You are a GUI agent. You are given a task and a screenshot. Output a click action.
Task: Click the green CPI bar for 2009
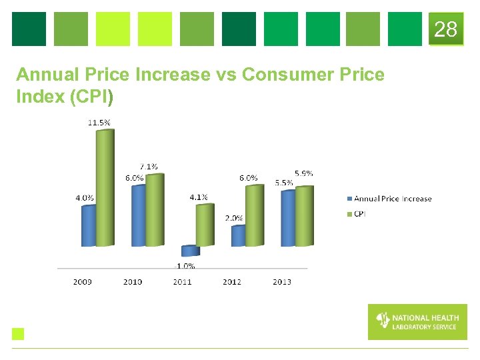click(x=105, y=188)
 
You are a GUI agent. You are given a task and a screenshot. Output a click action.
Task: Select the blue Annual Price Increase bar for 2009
click(x=88, y=226)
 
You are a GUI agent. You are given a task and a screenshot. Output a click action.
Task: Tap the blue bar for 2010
click(x=138, y=216)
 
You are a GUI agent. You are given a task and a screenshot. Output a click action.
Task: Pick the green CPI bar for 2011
click(x=205, y=225)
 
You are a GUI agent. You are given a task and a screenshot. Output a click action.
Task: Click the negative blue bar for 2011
click(x=189, y=251)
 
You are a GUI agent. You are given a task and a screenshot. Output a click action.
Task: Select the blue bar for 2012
click(x=238, y=236)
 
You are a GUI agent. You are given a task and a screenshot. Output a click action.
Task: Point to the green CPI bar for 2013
click(x=303, y=216)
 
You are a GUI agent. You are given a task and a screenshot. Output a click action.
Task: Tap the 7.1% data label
click(x=149, y=166)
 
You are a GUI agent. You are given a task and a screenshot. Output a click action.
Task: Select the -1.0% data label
click(x=185, y=266)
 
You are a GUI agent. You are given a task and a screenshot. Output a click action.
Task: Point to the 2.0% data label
click(x=234, y=218)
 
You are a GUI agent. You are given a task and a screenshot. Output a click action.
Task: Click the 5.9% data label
click(x=303, y=173)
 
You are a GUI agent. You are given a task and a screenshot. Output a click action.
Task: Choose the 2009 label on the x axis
click(x=83, y=282)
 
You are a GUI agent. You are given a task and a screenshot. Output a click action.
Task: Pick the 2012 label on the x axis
click(x=232, y=282)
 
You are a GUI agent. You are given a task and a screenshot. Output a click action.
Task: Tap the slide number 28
click(x=446, y=29)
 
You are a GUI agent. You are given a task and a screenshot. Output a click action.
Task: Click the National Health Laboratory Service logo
click(x=417, y=322)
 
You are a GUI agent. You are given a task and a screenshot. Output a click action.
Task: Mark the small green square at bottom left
click(x=18, y=334)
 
